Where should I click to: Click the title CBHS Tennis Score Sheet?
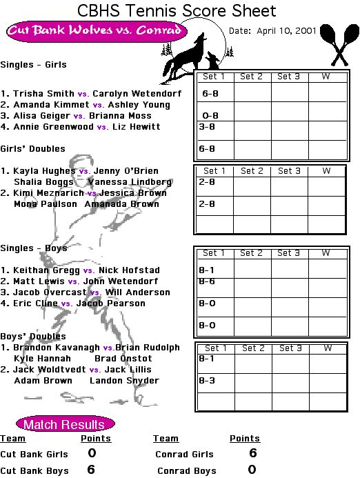[177, 11]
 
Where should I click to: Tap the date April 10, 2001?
[286, 31]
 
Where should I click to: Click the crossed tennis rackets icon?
[339, 45]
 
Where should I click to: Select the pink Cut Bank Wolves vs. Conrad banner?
[97, 31]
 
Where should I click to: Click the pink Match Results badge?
[66, 424]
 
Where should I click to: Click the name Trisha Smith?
[43, 94]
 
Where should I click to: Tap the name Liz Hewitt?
[137, 126]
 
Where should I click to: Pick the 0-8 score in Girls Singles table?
[210, 116]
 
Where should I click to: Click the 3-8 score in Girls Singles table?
[207, 126]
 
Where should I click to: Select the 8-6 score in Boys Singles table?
[207, 281]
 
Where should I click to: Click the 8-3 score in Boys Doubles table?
[207, 381]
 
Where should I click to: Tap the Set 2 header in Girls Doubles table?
[252, 171]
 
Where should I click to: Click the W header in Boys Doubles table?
[328, 348]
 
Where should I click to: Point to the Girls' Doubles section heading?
[33, 149]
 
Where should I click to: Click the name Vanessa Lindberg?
[130, 182]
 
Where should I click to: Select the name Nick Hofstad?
[129, 270]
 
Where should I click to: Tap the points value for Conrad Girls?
[252, 453]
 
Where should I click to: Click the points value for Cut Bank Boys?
[91, 470]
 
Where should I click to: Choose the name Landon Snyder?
[124, 381]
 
